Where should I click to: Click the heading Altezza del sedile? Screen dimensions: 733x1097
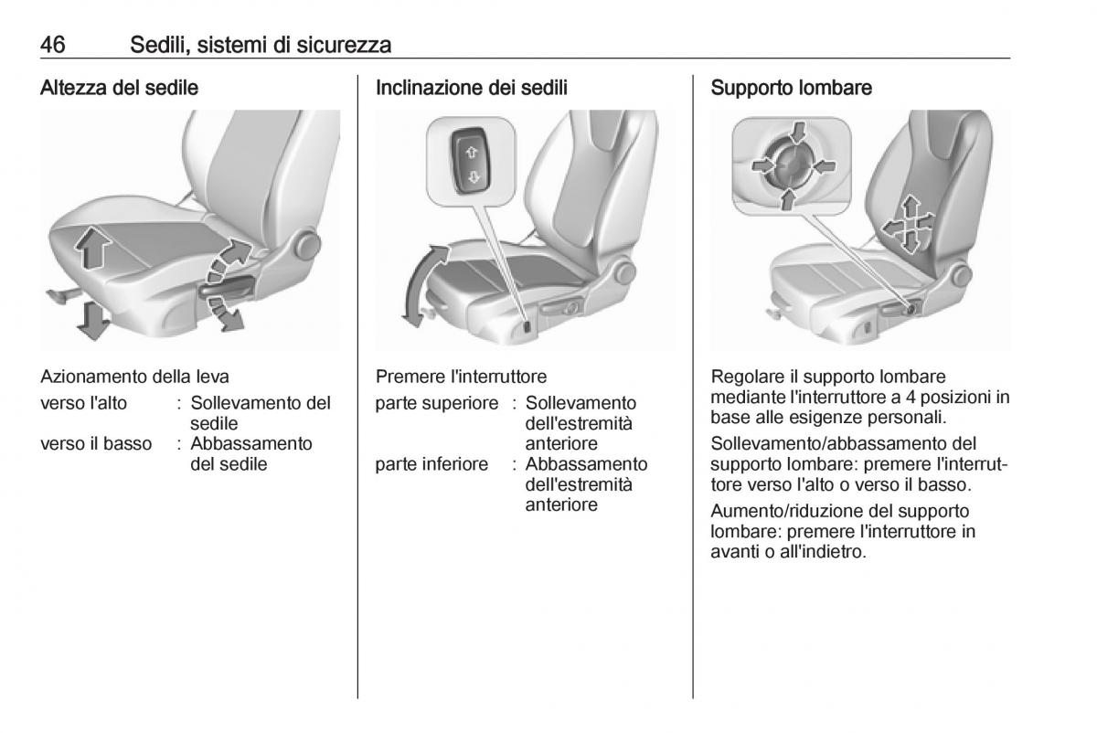click(120, 89)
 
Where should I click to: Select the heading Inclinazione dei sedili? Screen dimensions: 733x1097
click(472, 89)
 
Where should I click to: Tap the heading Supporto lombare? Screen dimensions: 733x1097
click(792, 89)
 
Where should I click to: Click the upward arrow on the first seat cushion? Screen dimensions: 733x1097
click(92, 247)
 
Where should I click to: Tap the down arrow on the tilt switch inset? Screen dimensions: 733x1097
click(473, 177)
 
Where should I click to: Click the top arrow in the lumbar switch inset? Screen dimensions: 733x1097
click(798, 133)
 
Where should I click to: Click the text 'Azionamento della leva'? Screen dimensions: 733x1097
click(134, 376)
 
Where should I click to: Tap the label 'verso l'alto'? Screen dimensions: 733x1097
click(84, 403)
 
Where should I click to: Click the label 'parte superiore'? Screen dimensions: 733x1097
click(437, 403)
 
